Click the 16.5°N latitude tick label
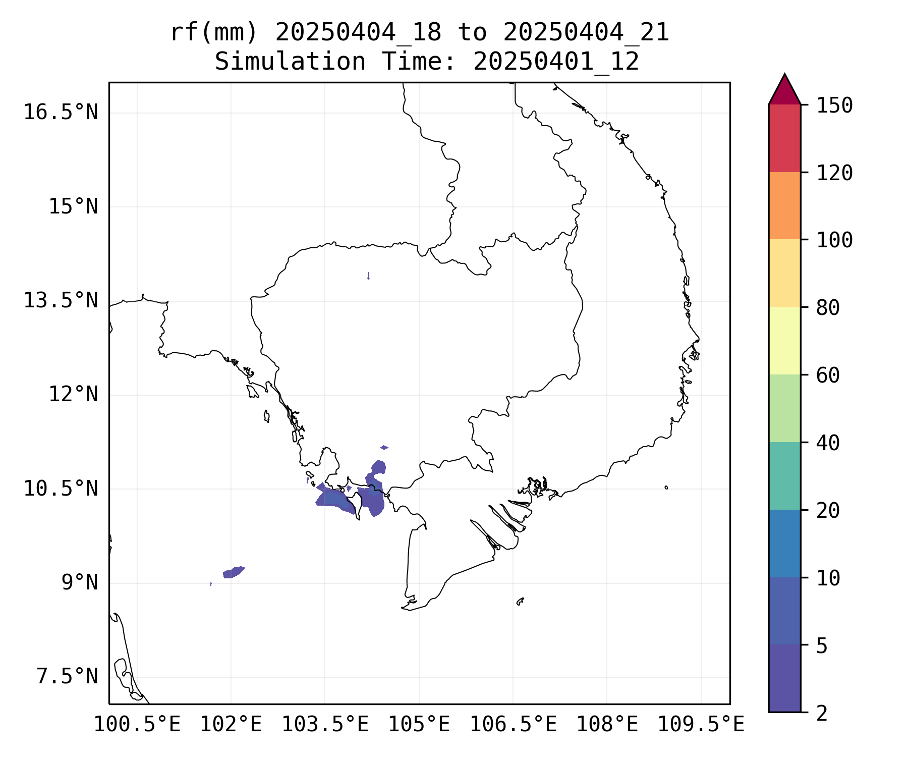point(61,112)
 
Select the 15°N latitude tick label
point(73,207)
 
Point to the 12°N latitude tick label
point(73,394)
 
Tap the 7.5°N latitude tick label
point(67,677)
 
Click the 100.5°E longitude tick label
point(137,725)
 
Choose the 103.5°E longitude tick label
point(325,725)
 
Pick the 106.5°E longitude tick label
point(513,725)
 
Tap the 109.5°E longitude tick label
point(701,725)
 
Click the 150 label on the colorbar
point(834,105)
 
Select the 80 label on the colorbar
point(828,308)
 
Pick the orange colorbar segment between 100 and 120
point(784,205)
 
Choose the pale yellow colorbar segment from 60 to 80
point(784,341)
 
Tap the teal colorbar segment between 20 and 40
point(784,476)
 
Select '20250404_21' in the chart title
point(586,33)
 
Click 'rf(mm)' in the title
point(214,33)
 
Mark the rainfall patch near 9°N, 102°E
point(233,572)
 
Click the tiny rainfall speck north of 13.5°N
point(369,276)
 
